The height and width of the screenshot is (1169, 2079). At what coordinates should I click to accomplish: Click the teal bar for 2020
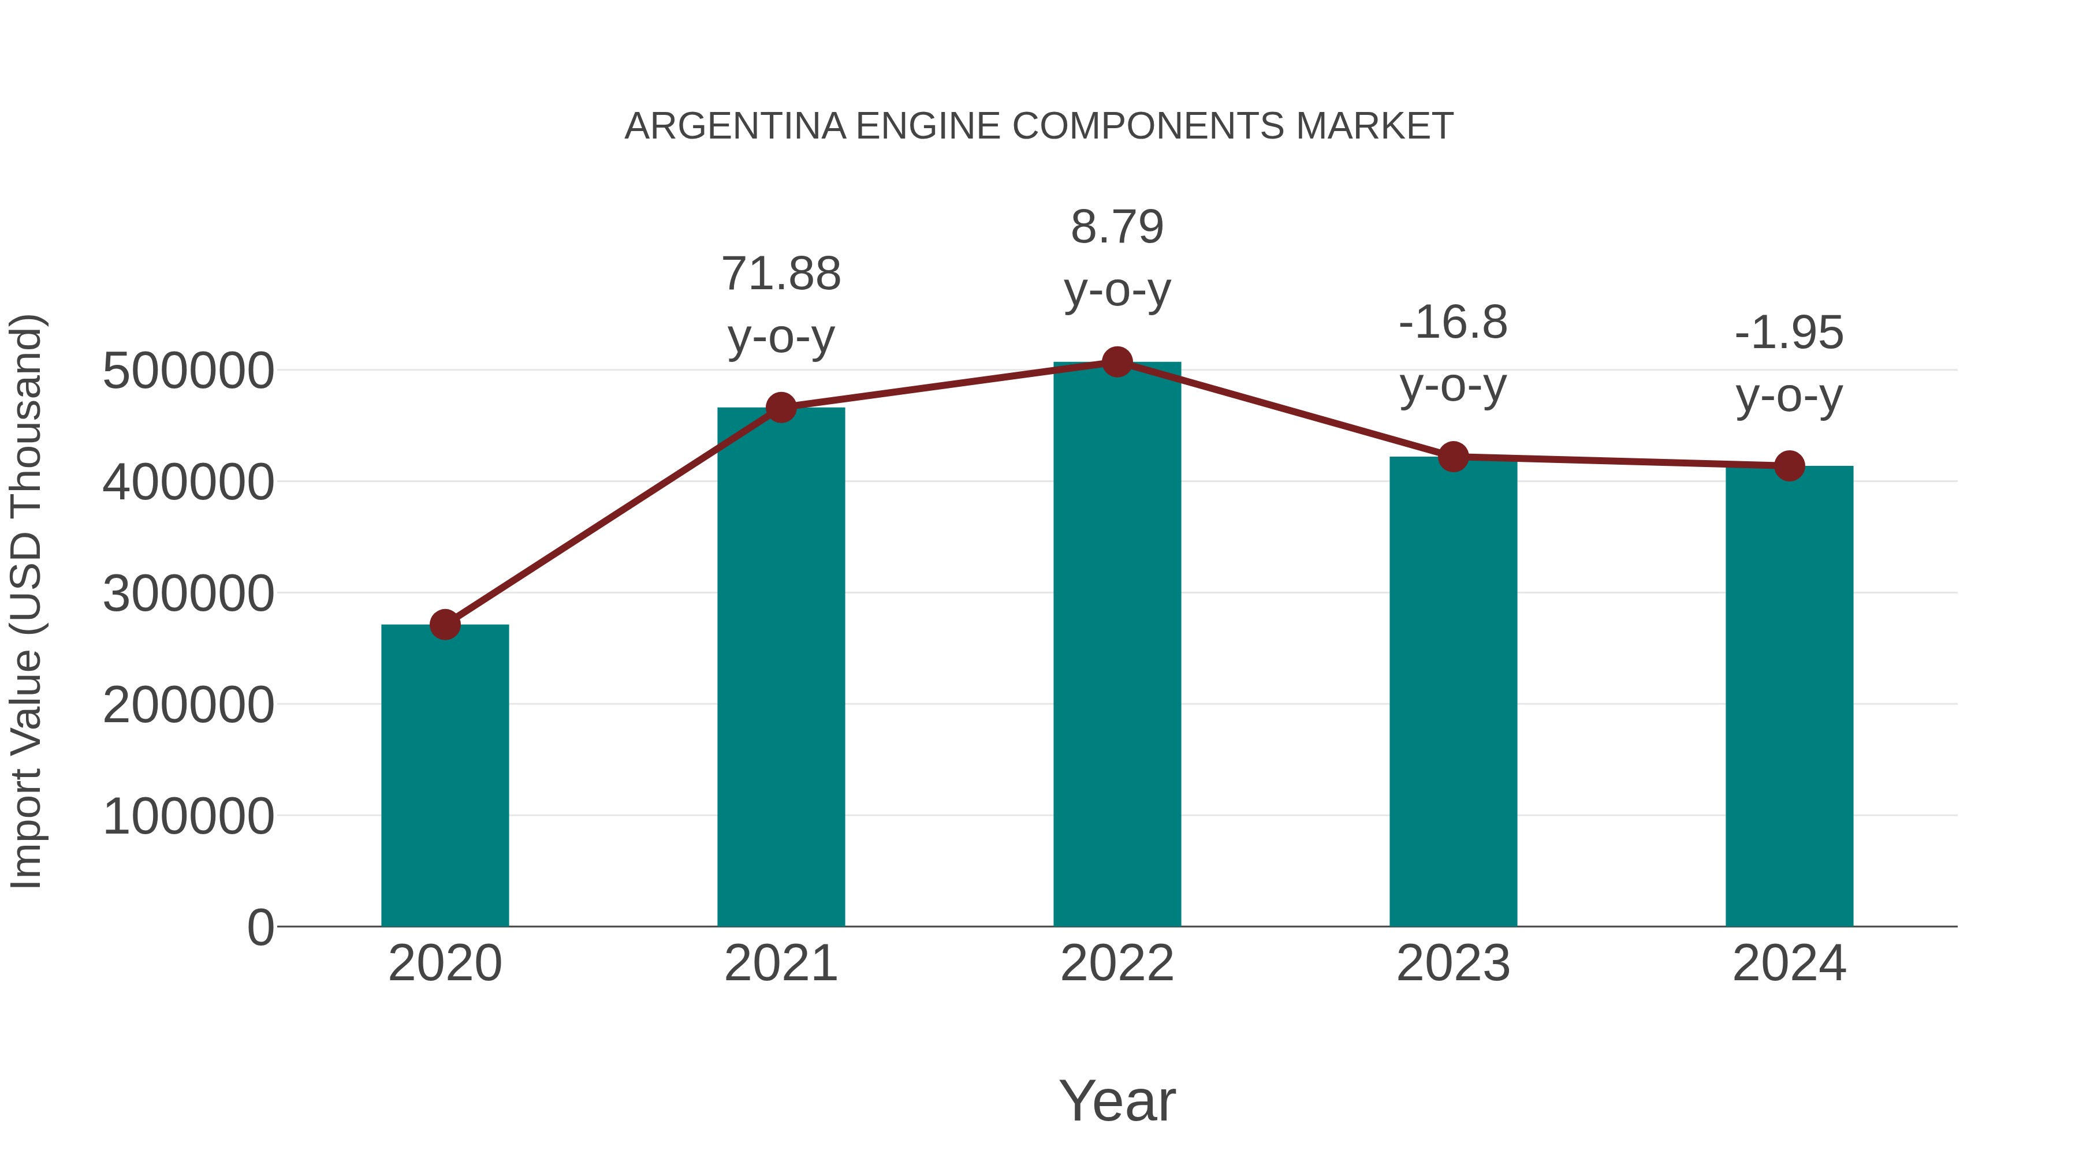click(445, 775)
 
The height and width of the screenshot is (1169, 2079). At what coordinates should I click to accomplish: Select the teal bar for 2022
click(1117, 645)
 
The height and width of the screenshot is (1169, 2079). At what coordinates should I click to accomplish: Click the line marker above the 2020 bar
click(445, 625)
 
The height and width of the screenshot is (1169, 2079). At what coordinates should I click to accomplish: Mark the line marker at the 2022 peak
click(1117, 362)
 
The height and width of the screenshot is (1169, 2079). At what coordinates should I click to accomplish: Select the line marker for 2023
click(1453, 457)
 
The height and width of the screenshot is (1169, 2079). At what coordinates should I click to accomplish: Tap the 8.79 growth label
click(1117, 227)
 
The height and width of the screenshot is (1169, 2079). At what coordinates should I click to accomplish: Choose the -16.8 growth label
click(1453, 323)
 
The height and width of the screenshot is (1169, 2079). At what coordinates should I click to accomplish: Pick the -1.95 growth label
click(1789, 333)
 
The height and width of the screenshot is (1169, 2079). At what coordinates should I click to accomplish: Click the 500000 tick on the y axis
click(188, 372)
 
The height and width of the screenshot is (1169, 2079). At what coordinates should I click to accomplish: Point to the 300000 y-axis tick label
click(188, 595)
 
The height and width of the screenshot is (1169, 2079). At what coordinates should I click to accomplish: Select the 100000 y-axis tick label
click(188, 817)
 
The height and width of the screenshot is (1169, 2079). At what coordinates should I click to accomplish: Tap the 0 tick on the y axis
click(260, 928)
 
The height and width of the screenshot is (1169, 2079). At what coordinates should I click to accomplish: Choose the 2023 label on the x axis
click(1453, 964)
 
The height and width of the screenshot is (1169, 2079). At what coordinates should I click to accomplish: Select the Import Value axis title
click(26, 601)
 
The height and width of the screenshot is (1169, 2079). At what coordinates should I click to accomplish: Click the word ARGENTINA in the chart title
click(735, 126)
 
